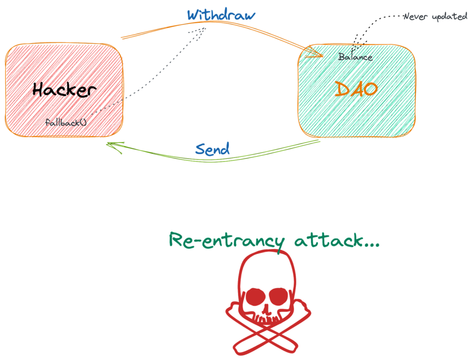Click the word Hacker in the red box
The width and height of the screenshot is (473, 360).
[x=64, y=90]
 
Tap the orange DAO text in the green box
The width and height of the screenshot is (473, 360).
[x=356, y=89]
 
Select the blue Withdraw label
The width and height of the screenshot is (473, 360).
[x=221, y=14]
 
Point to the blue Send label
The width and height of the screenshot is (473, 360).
[x=212, y=149]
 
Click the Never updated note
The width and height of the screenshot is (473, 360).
[x=435, y=17]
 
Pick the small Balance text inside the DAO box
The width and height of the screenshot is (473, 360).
[x=355, y=58]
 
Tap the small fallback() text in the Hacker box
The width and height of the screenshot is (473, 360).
[x=67, y=123]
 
